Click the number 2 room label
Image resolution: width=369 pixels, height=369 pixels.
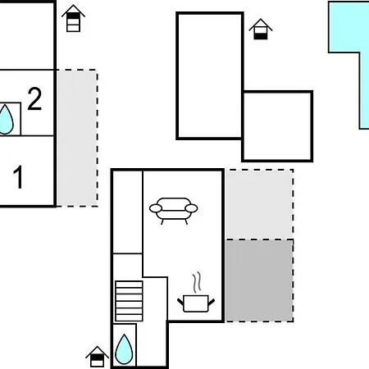[34, 98]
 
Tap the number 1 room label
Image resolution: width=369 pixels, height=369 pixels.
[18, 177]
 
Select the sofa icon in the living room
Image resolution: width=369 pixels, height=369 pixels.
[173, 211]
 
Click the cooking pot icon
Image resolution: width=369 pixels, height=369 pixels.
[196, 303]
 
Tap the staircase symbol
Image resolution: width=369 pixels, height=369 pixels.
[129, 301]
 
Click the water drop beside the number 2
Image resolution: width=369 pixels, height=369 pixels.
[6, 120]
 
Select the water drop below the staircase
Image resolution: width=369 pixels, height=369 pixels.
[124, 349]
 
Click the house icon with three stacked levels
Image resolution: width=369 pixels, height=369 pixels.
[73, 18]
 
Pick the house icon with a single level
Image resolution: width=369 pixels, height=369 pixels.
[261, 30]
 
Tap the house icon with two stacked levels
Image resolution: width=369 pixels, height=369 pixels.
[97, 357]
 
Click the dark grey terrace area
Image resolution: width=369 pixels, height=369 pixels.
[259, 280]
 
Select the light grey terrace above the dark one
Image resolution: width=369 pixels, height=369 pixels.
[259, 204]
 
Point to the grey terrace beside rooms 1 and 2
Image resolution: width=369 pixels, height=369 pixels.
[77, 138]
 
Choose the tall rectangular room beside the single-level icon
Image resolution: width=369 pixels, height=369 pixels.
[210, 75]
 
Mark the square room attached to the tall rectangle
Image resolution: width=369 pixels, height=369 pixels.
[277, 126]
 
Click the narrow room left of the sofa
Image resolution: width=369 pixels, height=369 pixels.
[128, 212]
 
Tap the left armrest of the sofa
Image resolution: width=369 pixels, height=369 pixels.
[156, 208]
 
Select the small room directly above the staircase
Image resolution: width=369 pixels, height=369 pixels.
[128, 266]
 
